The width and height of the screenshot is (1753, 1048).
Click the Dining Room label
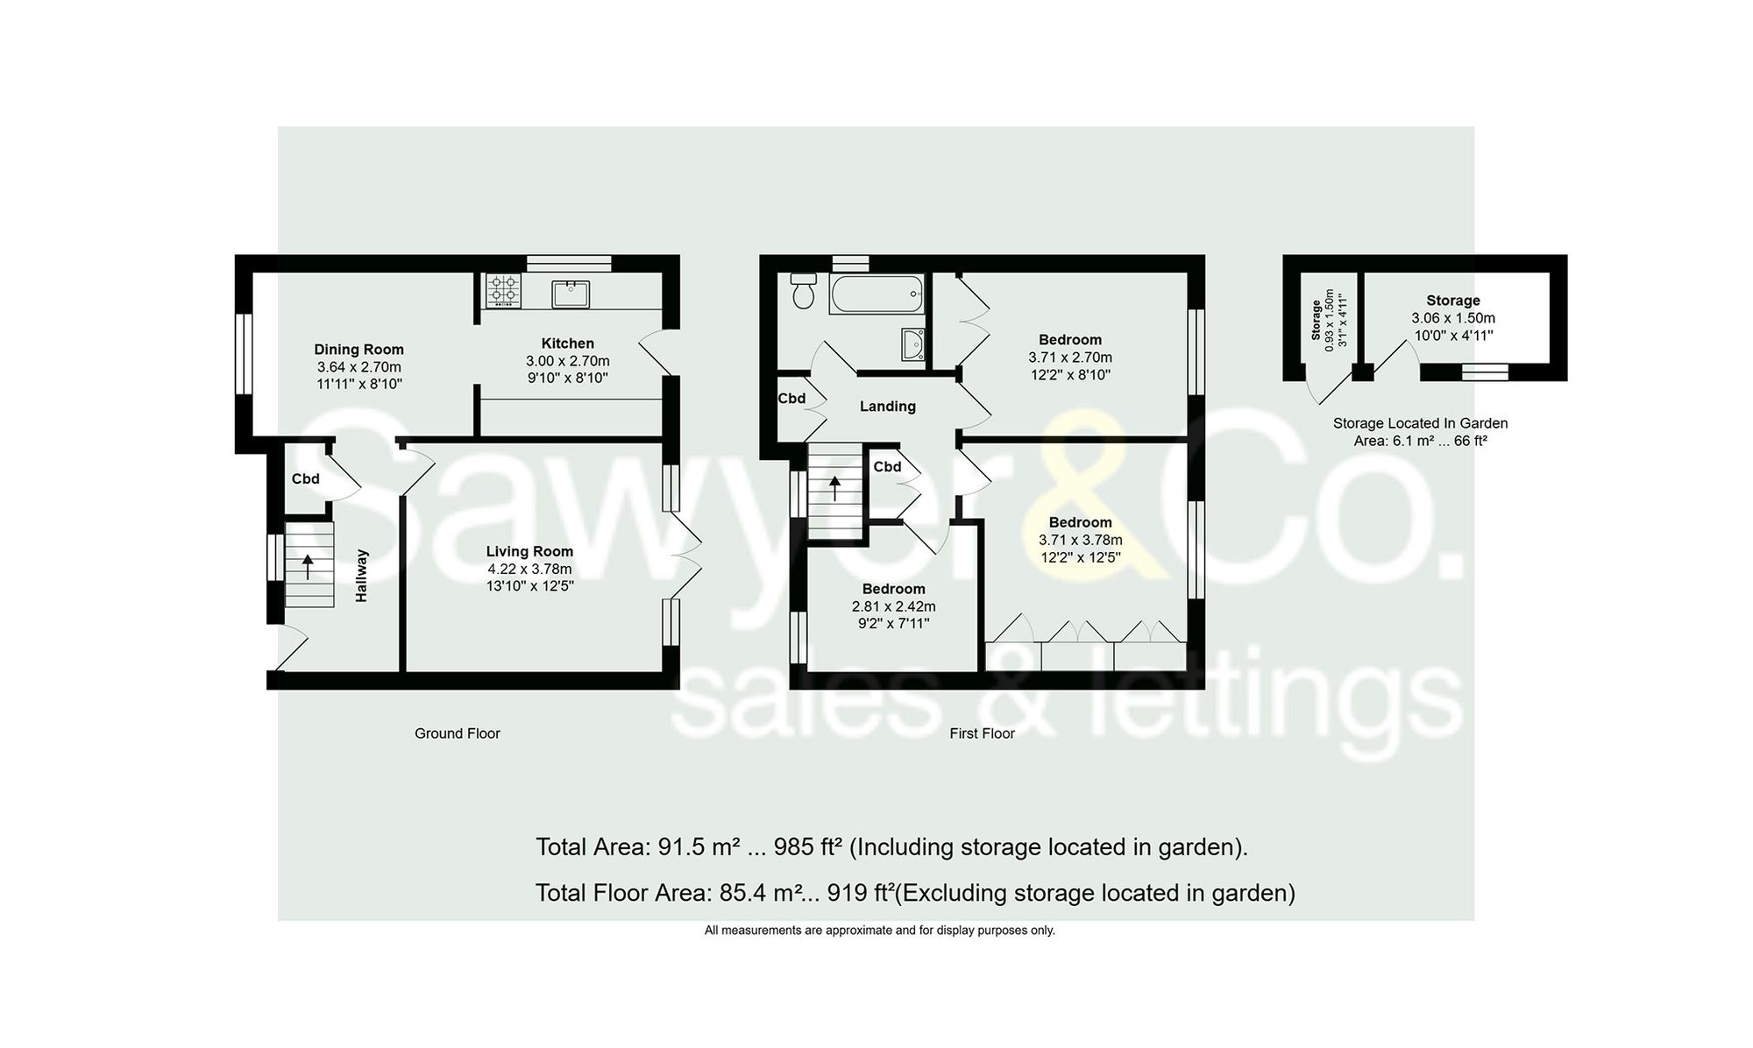358,349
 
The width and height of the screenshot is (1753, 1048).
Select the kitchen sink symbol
571,294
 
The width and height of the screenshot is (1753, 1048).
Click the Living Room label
529,551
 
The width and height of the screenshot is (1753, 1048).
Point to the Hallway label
362,576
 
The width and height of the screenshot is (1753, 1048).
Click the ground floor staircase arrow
308,565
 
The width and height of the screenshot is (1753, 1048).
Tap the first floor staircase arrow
834,487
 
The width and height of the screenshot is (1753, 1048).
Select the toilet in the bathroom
803,291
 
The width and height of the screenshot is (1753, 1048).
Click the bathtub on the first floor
876,294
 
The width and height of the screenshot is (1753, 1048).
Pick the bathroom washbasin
912,344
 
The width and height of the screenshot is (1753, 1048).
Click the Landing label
887,407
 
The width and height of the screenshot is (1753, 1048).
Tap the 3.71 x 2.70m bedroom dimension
1069,358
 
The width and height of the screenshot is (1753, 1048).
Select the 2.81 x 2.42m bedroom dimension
893,606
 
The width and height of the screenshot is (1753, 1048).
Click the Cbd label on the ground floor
305,479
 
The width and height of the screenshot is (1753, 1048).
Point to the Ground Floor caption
457,733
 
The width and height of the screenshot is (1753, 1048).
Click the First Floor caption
982,733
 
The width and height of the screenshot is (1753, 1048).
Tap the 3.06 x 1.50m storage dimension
1452,318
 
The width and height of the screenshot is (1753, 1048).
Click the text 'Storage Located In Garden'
1420,423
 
